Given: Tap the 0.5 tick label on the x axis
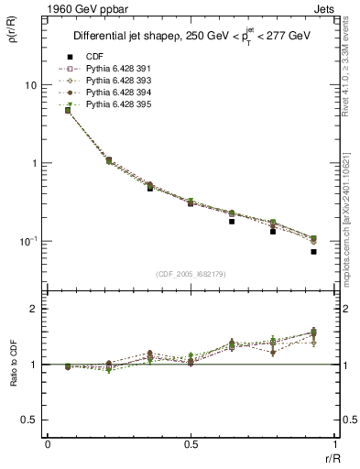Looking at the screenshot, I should (x=191, y=445).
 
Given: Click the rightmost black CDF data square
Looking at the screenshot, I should (x=313, y=251).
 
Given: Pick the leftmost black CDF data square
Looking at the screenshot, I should (x=68, y=110).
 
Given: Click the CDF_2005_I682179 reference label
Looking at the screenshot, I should (x=191, y=274).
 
